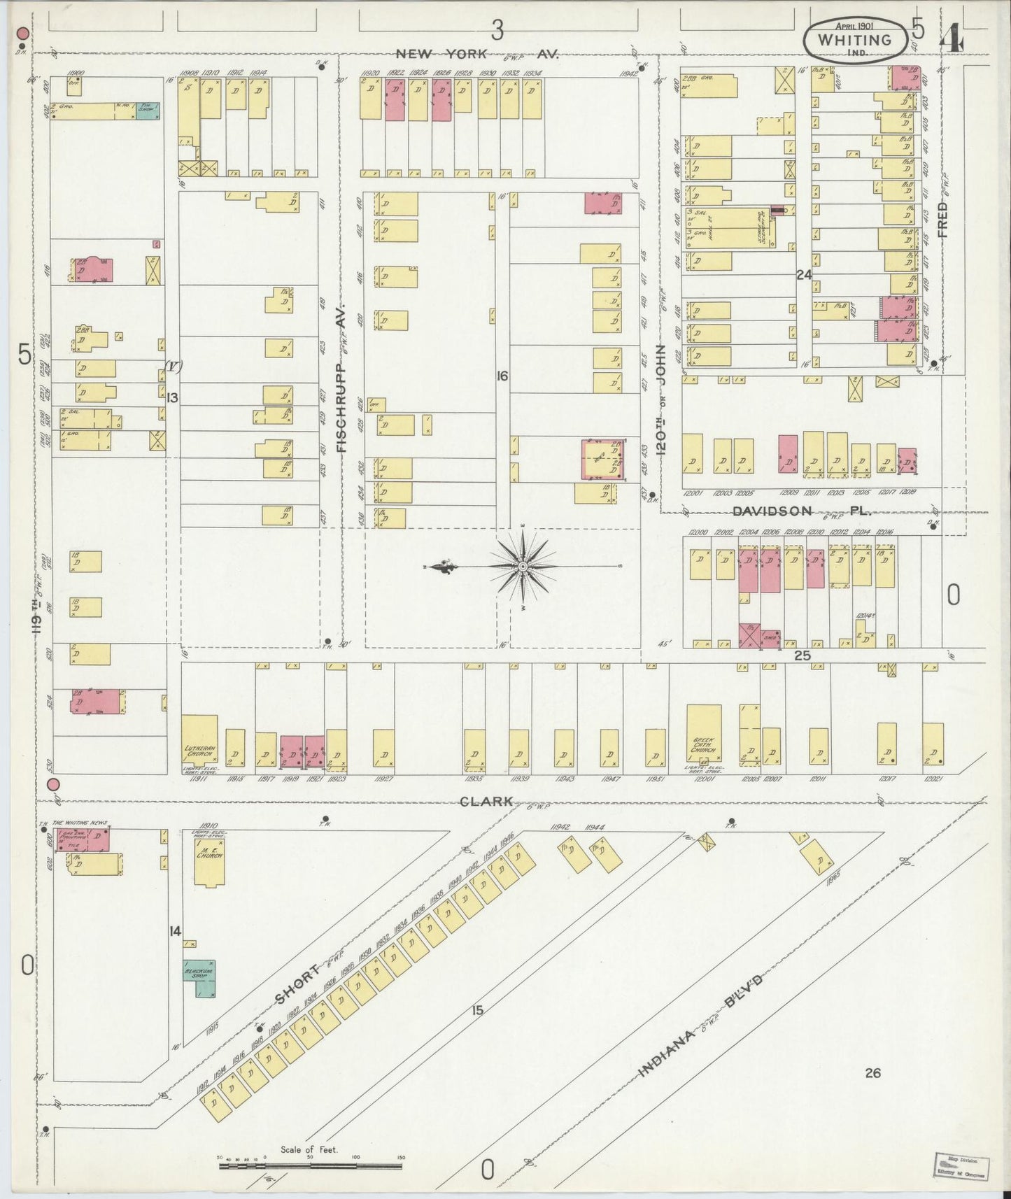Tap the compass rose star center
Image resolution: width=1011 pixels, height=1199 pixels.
coord(523,565)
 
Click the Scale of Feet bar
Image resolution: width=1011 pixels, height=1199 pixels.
coord(310,1165)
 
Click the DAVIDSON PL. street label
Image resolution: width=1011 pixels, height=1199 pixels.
coord(801,511)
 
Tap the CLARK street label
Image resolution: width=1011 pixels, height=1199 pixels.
coord(487,802)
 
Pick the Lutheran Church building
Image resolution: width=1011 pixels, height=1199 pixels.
coord(199,739)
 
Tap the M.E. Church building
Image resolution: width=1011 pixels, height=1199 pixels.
coord(208,860)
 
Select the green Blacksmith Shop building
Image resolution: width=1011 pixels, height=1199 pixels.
coord(200,977)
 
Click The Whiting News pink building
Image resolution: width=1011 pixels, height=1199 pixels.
coord(83,839)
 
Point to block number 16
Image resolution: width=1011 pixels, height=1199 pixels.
coord(502,376)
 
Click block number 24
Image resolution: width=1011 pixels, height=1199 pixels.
coord(803,275)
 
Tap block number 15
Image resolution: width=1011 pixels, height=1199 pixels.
coord(477,1010)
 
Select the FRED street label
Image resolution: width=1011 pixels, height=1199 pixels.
coord(943,220)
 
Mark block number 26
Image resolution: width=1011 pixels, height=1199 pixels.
coord(872,1072)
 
